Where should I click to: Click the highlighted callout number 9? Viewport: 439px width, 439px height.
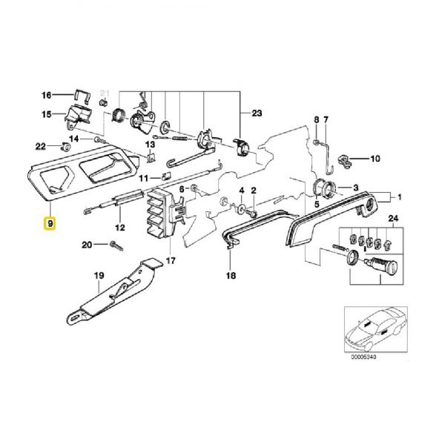point(50,223)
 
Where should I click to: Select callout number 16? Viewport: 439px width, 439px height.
point(47,96)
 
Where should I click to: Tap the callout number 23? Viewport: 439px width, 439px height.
point(257,113)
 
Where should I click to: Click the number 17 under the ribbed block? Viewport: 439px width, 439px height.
point(171,261)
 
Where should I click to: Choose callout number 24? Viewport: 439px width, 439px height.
point(394,218)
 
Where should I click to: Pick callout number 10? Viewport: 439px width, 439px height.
point(374,159)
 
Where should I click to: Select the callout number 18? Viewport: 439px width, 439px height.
point(229,275)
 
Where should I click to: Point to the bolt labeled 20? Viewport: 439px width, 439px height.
point(115,244)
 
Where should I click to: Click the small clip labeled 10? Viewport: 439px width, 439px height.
point(347,158)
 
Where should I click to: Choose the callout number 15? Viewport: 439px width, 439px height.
point(47,115)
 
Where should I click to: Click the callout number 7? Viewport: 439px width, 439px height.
point(325,120)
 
